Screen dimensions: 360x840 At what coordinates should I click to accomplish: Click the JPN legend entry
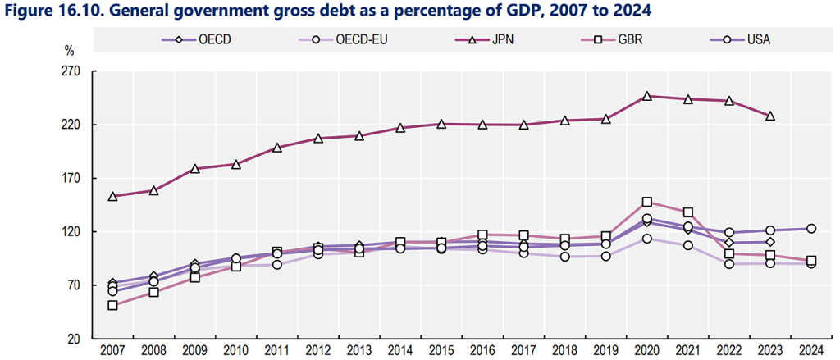[x=501, y=39]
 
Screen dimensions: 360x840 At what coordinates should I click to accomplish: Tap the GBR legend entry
[x=632, y=39]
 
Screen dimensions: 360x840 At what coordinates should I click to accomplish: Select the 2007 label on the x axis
[x=112, y=351]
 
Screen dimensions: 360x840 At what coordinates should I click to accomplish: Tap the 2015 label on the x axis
[x=441, y=351]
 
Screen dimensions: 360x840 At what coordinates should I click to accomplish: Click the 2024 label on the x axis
[x=810, y=351]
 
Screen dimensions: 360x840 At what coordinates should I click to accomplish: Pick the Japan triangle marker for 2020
[x=646, y=96]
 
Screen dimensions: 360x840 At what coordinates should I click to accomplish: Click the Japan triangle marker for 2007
[x=112, y=196]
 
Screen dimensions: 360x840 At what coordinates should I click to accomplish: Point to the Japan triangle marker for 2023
[x=769, y=116]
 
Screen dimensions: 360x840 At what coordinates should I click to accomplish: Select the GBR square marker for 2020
[x=646, y=202]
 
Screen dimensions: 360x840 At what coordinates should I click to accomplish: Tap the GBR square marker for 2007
[x=112, y=305]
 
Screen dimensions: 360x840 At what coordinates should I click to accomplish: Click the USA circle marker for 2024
[x=810, y=229]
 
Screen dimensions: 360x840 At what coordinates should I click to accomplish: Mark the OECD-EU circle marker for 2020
[x=646, y=239]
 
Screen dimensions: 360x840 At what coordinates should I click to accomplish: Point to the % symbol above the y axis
[x=70, y=50]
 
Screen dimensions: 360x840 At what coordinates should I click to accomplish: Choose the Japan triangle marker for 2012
[x=317, y=138]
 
